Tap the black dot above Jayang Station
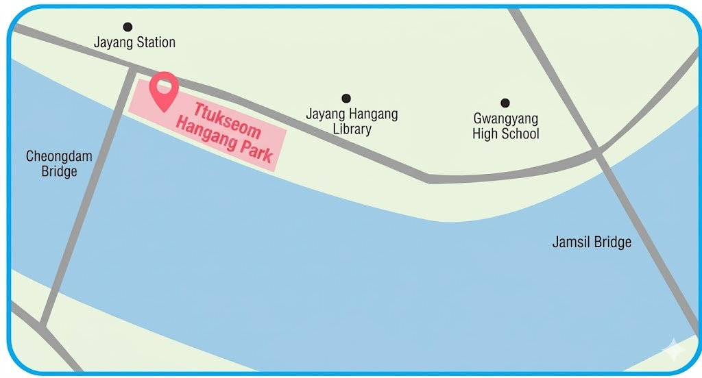[x=128, y=27]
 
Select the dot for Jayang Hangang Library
[x=346, y=99]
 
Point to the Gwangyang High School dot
[x=505, y=103]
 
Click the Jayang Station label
[x=134, y=42]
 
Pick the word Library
[x=351, y=129]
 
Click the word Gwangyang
[x=506, y=118]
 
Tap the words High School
[x=506, y=134]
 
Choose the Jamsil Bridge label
[x=592, y=242]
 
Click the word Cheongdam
[x=59, y=156]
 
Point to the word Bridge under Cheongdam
[x=59, y=171]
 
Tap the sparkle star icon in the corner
[x=674, y=351]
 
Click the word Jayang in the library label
[x=325, y=114]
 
